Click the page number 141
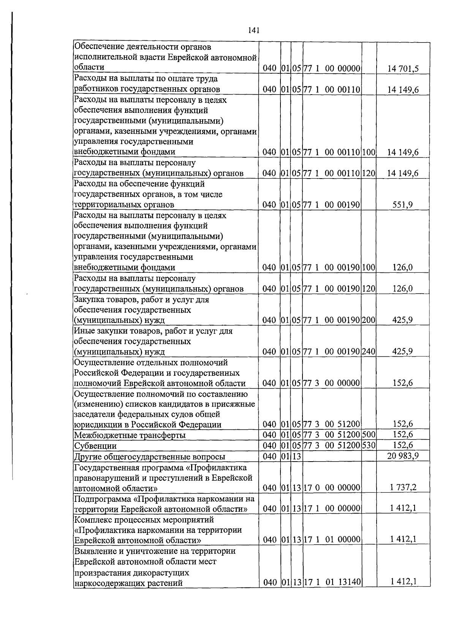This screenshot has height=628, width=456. coord(253,30)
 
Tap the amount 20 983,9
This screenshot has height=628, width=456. coord(403,456)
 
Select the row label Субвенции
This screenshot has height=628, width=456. coord(95,446)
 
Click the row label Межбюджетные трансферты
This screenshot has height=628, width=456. coord(130,435)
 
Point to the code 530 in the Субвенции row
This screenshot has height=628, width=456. coord(369,445)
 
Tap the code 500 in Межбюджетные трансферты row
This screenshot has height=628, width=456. coord(369,435)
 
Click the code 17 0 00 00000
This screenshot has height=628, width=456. coord(332,487)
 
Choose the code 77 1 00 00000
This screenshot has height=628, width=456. coord(332,69)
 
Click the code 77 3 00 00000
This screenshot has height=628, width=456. coord(332,383)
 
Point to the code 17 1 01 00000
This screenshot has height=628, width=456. coord(332,539)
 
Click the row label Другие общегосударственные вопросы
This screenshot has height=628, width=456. coord(149,456)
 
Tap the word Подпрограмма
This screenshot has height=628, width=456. coord(104,498)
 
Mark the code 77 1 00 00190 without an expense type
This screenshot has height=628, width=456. coord(332,205)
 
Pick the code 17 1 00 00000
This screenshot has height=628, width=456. coord(332,508)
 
